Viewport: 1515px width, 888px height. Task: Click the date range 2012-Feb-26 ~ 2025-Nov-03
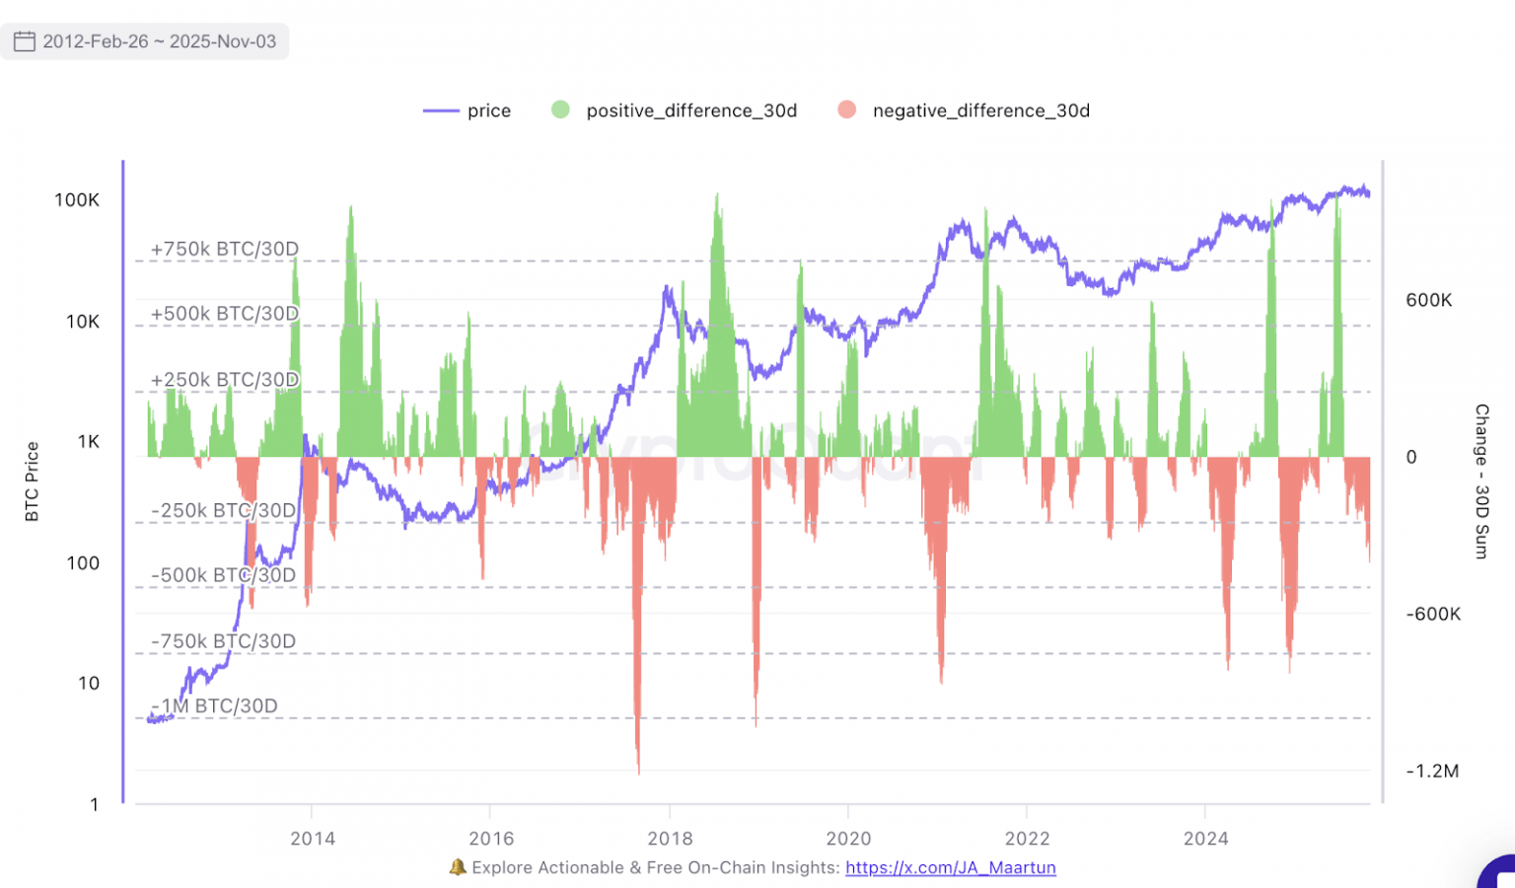point(159,41)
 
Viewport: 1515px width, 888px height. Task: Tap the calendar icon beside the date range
point(25,41)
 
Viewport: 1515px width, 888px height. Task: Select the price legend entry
point(468,111)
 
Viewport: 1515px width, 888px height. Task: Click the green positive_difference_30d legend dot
point(560,110)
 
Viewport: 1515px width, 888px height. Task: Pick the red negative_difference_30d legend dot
point(846,110)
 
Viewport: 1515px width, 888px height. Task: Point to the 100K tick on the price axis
point(77,200)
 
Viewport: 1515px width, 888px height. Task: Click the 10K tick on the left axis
point(83,322)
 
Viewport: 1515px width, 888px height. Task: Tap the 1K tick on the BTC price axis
point(89,442)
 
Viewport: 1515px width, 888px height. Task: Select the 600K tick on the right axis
point(1429,300)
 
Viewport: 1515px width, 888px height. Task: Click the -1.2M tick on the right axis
point(1432,772)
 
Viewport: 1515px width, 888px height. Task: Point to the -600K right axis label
point(1433,614)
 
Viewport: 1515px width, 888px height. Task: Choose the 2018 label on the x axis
point(670,839)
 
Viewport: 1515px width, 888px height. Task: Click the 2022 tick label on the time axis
point(1027,839)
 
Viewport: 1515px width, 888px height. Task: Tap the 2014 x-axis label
point(313,839)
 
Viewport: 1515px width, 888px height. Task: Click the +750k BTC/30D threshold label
point(225,250)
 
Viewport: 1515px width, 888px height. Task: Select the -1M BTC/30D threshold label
point(215,706)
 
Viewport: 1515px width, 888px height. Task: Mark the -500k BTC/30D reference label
point(224,575)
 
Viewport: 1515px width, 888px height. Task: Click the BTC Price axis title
point(32,481)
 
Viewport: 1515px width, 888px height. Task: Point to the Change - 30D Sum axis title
point(1480,481)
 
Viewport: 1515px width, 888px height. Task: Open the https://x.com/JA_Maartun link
point(951,867)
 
